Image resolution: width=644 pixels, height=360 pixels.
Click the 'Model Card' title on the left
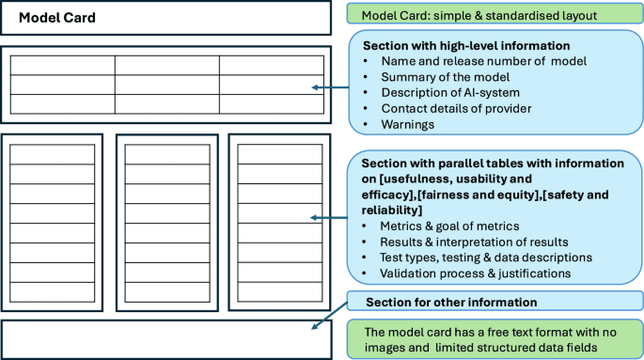pyautogui.click(x=56, y=18)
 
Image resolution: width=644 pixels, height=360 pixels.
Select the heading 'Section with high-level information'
pyautogui.click(x=466, y=46)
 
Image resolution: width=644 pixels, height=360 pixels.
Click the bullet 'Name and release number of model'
pyautogui.click(x=483, y=61)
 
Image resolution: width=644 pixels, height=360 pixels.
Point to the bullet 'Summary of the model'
pyautogui.click(x=446, y=77)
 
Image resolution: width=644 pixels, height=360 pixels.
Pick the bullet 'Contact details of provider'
pyautogui.click(x=456, y=108)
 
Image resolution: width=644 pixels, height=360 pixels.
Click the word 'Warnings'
pyautogui.click(x=407, y=123)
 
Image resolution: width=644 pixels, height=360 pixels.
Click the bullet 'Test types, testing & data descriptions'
pyautogui.click(x=485, y=257)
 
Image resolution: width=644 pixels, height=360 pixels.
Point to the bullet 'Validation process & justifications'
pyautogui.click(x=477, y=273)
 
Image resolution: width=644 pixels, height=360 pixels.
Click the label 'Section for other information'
pyautogui.click(x=450, y=302)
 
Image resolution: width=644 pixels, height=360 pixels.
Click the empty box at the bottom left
pyautogui.click(x=166, y=339)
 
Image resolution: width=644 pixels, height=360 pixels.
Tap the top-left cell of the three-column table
pyautogui.click(x=62, y=65)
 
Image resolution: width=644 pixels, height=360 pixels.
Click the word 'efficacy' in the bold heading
pyautogui.click(x=386, y=195)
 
